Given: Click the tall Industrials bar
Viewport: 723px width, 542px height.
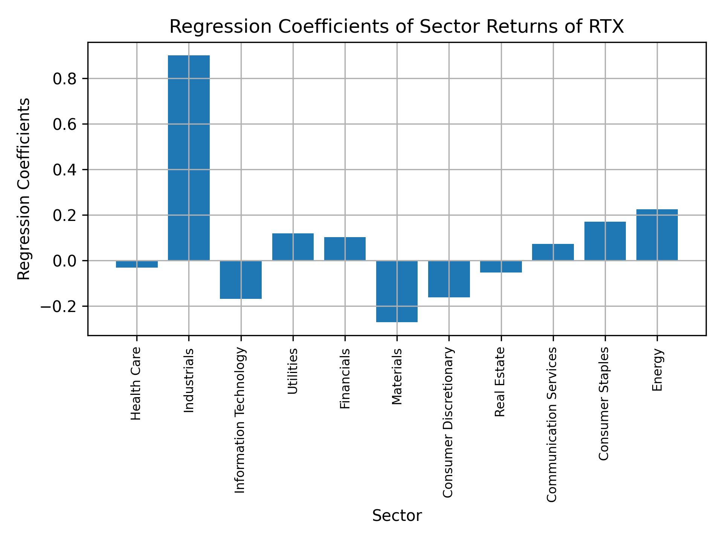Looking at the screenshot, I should pos(189,158).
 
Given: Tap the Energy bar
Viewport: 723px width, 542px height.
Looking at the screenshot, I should pos(657,235).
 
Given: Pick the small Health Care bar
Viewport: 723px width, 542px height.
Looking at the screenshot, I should pos(137,264).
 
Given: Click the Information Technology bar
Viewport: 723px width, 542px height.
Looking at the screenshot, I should pos(241,280).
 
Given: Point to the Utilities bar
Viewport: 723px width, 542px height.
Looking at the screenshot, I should pos(293,247).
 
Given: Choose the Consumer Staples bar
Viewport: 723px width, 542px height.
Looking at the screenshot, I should pos(605,241).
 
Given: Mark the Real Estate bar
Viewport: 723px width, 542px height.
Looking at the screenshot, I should pos(501,266).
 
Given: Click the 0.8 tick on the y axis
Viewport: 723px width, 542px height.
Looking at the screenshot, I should pos(65,79).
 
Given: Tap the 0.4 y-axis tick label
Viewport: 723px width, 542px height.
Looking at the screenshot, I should pos(65,170).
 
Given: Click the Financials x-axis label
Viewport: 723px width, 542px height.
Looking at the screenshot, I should pos(345,378).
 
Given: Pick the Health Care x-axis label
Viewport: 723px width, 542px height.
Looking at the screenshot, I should pos(136,383).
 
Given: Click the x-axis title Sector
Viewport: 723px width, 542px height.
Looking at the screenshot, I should pos(397,516).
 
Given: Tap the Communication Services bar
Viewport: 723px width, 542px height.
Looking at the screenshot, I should pos(553,252).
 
